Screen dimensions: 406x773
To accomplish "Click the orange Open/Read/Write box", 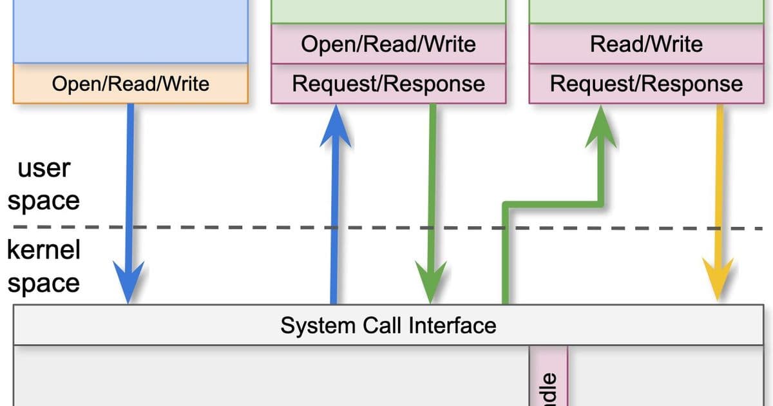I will click(x=130, y=84).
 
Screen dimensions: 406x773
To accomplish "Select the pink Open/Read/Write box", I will click(x=388, y=44).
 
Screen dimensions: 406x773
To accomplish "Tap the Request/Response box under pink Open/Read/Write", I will click(x=388, y=84).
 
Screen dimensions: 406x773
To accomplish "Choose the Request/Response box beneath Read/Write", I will click(x=646, y=84).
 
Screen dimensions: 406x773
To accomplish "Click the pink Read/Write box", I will click(x=646, y=44).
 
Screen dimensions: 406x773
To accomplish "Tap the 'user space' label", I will click(x=43, y=184).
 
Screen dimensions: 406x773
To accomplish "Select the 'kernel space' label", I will click(x=43, y=266).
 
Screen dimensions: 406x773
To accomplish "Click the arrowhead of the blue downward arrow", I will click(x=130, y=284).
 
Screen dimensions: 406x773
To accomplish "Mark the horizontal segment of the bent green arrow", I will click(x=554, y=205).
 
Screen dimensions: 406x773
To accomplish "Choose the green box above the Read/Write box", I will click(x=646, y=12).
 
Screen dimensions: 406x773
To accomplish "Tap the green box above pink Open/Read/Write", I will click(x=388, y=12).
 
